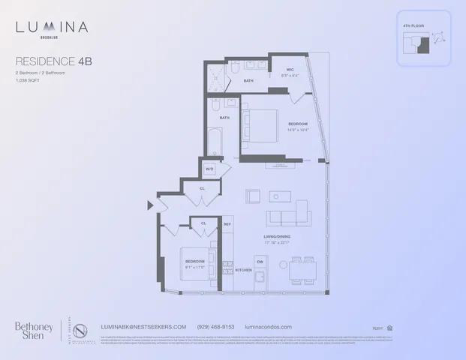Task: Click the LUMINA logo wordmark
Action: [52, 28]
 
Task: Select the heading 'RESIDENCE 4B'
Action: [50, 61]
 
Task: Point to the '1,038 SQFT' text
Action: [29, 80]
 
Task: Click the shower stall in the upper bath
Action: [218, 77]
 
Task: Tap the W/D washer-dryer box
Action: [210, 169]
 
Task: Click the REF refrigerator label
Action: [228, 223]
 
